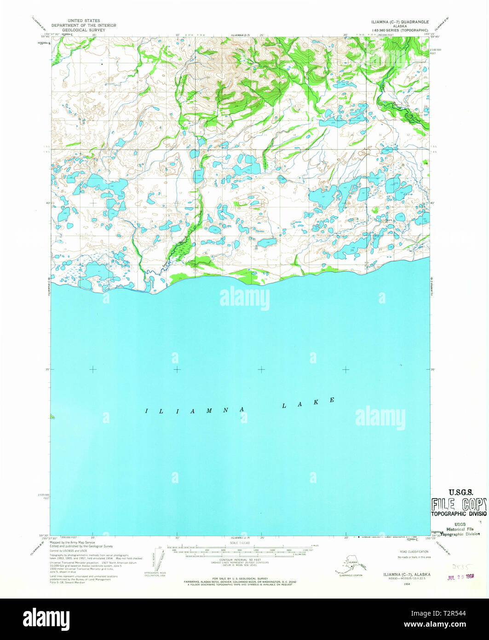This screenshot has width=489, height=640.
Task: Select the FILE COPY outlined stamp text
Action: tap(458, 503)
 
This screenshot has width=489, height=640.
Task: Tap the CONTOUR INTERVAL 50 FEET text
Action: tap(238, 559)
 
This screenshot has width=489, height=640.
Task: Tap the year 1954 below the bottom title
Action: tap(394, 583)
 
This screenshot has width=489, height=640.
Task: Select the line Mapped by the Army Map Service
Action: tap(73, 542)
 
